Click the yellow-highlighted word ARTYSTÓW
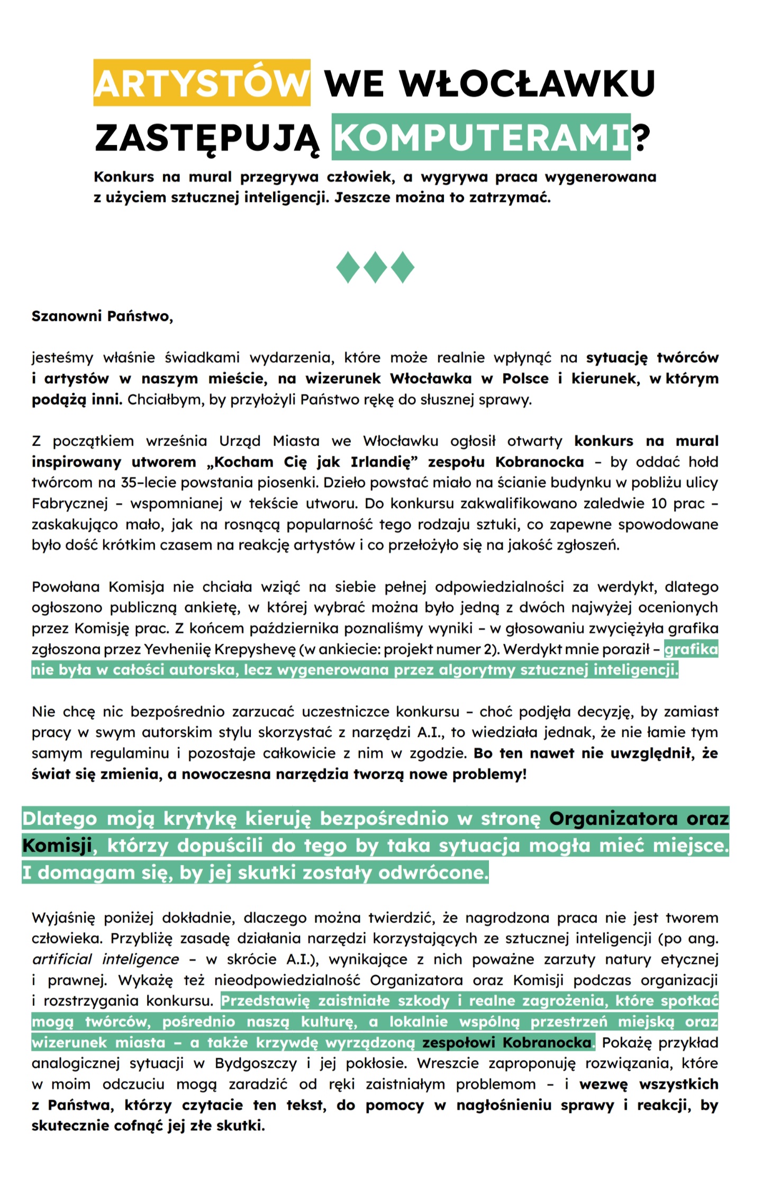[202, 84]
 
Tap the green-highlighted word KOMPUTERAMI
[480, 137]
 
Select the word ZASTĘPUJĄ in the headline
[207, 139]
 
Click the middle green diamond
[375, 268]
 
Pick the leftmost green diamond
[348, 268]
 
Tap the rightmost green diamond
[402, 268]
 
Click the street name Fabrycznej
[69, 504]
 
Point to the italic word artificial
[62, 960]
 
